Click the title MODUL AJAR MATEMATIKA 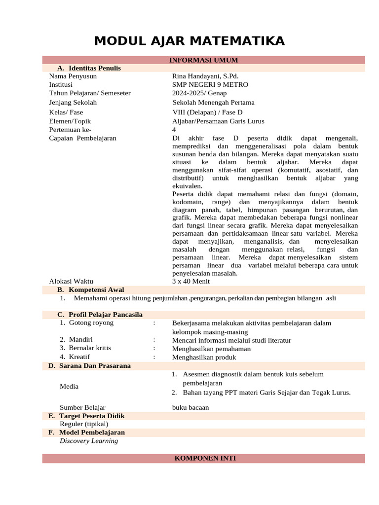[x=189, y=40]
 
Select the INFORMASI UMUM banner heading [x=203, y=60]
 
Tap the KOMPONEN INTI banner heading [x=205, y=458]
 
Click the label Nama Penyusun [x=73, y=76]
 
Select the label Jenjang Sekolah [x=73, y=103]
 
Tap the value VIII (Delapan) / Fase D [x=204, y=112]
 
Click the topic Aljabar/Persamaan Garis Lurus [x=218, y=121]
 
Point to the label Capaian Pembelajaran [x=83, y=138]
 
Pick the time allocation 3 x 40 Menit [x=191, y=281]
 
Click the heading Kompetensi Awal [x=96, y=289]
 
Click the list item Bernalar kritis [x=90, y=348]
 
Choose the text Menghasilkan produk [x=204, y=357]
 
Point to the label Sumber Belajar [x=82, y=407]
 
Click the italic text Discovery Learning [x=89, y=440]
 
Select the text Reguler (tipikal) [x=84, y=424]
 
